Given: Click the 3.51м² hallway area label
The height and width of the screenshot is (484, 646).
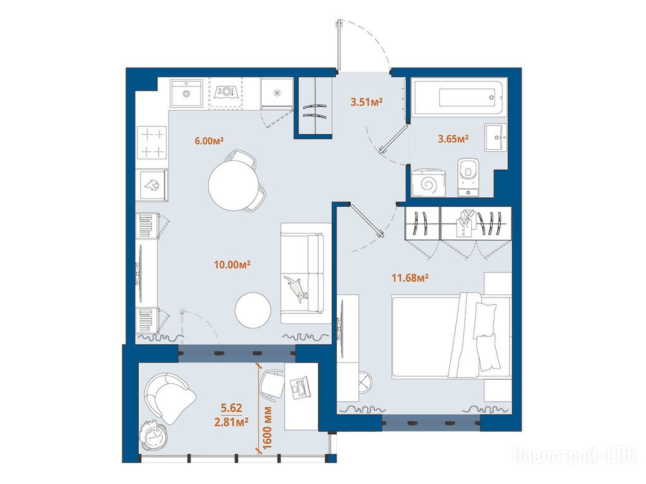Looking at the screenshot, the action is coord(367,101).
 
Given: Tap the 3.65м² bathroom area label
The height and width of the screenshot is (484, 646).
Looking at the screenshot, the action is coord(453,139).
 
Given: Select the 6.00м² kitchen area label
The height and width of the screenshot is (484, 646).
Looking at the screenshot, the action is coord(209,141).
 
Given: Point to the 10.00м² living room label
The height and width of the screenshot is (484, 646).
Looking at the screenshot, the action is coord(232,264).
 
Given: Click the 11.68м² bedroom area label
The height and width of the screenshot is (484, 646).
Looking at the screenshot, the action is coord(410,278).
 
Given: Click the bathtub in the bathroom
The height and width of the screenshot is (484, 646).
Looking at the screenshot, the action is coord(458,98).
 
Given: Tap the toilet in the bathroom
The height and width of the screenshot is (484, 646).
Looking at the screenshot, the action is coord(469,176).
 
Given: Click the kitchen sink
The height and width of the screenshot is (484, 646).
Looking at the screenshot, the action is coord(187,93).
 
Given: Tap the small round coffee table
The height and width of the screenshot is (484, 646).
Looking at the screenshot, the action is coord(253,310).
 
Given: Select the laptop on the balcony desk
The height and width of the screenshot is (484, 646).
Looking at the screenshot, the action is coord(301,388).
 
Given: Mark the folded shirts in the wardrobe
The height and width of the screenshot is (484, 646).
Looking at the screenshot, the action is coord(466,223).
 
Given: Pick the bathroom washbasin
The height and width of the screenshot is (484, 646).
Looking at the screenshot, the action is coord(496,137).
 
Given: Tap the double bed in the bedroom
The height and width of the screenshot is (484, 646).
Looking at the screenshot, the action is coord(452,335).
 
